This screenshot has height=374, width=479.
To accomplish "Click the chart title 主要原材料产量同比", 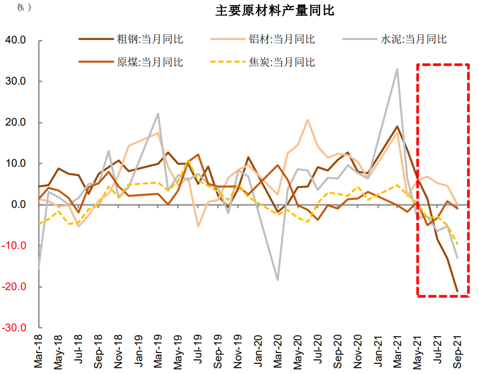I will click(x=275, y=11).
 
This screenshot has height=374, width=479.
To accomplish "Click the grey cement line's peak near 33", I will click(x=397, y=69).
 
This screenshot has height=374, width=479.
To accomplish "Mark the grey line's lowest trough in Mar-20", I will click(x=278, y=280).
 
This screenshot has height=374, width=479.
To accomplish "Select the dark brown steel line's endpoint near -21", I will click(x=457, y=291).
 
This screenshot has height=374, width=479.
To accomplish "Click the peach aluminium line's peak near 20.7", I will click(x=308, y=119).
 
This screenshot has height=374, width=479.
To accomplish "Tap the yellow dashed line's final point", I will click(x=457, y=245).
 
